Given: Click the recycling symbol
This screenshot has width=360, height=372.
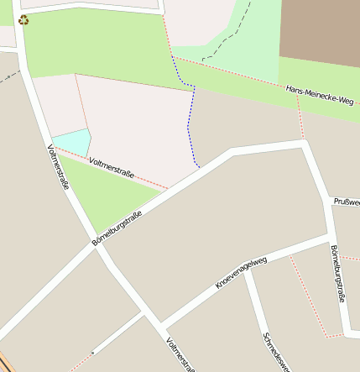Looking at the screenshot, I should (x=23, y=19).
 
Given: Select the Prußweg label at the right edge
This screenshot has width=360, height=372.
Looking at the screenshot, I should (x=347, y=202).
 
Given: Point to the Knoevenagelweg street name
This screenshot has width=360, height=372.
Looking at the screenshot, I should (x=241, y=273).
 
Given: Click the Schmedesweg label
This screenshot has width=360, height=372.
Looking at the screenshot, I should (x=276, y=352).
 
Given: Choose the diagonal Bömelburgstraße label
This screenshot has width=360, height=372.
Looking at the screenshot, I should (x=117, y=227).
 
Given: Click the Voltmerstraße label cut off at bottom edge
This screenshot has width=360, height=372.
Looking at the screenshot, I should (x=180, y=354).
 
